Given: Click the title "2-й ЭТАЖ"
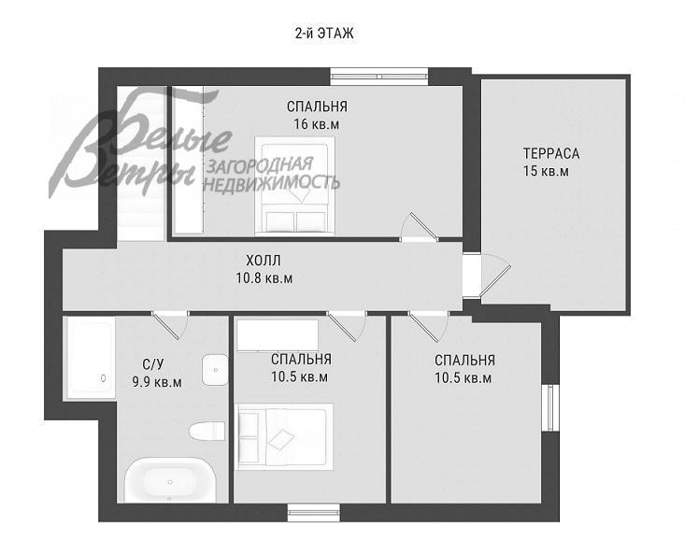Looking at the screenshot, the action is click(x=324, y=34).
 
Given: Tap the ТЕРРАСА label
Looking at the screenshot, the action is click(x=551, y=153).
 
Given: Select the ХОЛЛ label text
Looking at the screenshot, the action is click(x=264, y=261).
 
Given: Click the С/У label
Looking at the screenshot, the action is click(x=153, y=364).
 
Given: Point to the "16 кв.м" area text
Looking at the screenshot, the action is click(x=316, y=124).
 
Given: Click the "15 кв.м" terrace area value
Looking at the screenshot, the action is click(x=546, y=171).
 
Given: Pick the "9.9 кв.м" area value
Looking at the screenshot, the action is click(x=157, y=382).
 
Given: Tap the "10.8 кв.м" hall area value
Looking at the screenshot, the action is click(x=264, y=278).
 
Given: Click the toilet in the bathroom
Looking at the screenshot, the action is click(x=207, y=431).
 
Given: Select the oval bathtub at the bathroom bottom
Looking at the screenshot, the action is click(x=170, y=480).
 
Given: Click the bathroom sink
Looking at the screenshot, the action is click(x=215, y=370).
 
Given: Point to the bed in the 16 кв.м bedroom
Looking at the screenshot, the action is click(x=295, y=185).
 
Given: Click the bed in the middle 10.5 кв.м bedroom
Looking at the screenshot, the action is click(x=284, y=437).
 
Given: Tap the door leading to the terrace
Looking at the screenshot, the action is click(x=494, y=276).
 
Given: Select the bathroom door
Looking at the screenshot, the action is click(x=170, y=324).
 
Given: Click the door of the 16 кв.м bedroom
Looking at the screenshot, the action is click(x=420, y=227).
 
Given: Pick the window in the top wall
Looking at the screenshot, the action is click(x=379, y=76).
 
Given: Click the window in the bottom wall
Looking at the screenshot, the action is click(x=314, y=512).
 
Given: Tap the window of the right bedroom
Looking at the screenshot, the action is click(x=550, y=408).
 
